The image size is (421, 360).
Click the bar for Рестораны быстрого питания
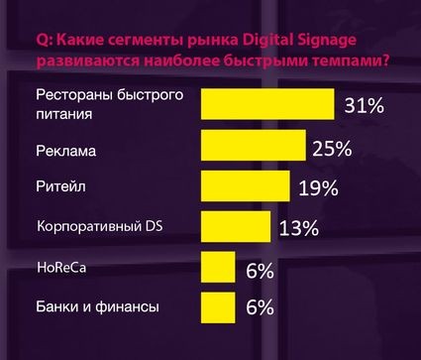267,104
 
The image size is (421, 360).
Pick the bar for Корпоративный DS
234,226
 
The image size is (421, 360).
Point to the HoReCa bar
217,267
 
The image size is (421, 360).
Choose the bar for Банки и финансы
217,307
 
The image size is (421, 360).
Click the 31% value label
363,105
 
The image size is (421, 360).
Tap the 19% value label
316,188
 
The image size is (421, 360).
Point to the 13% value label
298,229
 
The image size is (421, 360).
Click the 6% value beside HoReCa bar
259,270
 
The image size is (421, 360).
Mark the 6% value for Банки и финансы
259,308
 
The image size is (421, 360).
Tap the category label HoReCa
60,268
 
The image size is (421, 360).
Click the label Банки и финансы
96,306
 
